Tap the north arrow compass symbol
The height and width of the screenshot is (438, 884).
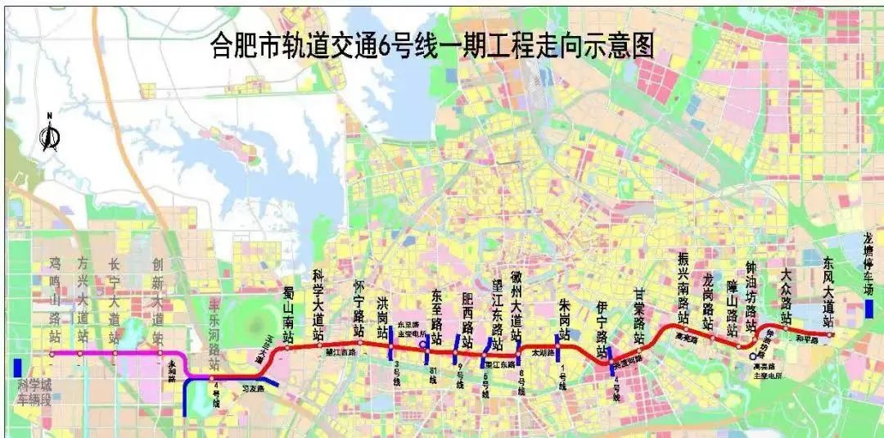pyautogui.click(x=49, y=135)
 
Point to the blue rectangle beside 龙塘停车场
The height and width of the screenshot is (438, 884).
pyautogui.click(x=868, y=309)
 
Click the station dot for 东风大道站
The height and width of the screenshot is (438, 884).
pyautogui.click(x=831, y=334)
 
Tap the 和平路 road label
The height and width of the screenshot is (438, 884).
pyautogui.click(x=805, y=337)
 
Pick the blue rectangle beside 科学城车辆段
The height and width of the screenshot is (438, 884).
pyautogui.click(x=17, y=368)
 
